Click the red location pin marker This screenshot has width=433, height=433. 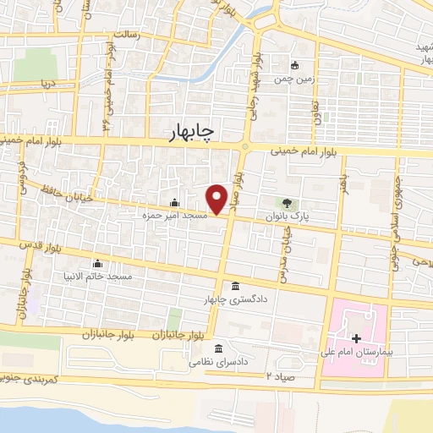217,198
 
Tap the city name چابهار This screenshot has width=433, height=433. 193,132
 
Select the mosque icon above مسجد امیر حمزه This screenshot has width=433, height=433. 174,203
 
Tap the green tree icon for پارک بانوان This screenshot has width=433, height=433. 287,203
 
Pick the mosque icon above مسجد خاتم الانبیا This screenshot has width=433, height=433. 98,263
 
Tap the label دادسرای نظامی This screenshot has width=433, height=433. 218,361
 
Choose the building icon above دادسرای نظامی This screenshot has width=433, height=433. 218,348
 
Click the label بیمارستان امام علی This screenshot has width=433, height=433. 355,351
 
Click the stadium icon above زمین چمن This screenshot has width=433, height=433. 294,66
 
